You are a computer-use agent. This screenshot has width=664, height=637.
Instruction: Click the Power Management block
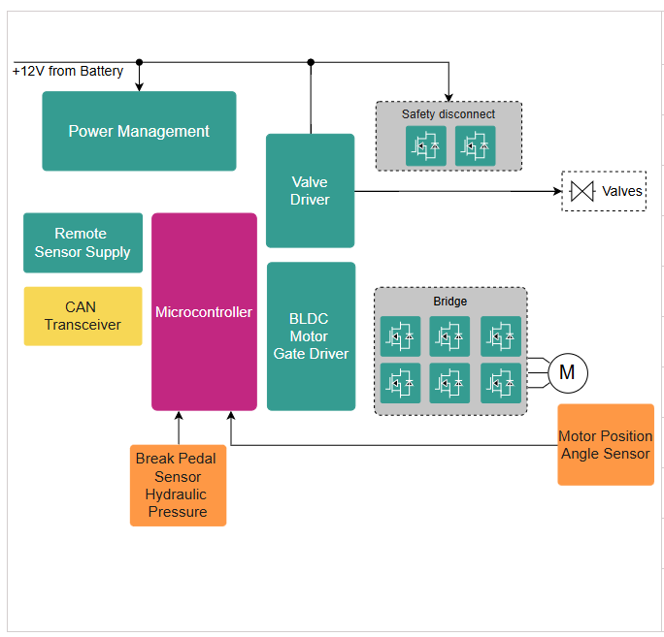pyautogui.click(x=139, y=131)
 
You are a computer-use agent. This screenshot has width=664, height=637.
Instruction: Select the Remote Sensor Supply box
pyautogui.click(x=83, y=242)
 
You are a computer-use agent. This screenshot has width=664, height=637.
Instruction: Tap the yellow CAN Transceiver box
pyautogui.click(x=83, y=316)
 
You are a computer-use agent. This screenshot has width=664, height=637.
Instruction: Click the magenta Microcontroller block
pyautogui.click(x=204, y=312)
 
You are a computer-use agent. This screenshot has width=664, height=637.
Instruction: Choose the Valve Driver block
pyautogui.click(x=310, y=191)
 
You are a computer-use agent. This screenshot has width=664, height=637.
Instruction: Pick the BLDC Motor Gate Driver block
pyautogui.click(x=311, y=336)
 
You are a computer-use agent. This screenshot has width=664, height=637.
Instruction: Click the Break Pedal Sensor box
pyautogui.click(x=178, y=485)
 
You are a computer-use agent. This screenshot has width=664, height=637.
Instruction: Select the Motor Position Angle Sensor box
pyautogui.click(x=605, y=445)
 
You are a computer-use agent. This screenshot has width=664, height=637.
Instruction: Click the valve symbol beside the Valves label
pyautogui.click(x=582, y=191)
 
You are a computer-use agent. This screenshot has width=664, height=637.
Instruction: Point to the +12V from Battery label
pyautogui.click(x=68, y=71)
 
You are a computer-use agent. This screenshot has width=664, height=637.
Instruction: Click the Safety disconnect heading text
pyautogui.click(x=448, y=114)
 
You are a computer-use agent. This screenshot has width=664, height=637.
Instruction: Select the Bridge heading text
pyautogui.click(x=450, y=302)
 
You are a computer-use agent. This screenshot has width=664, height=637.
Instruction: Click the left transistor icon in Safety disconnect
pyautogui.click(x=425, y=146)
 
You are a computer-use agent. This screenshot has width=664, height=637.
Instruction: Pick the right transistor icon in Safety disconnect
pyautogui.click(x=475, y=146)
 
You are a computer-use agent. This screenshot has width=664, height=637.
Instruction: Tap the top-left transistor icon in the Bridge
pyautogui.click(x=400, y=336)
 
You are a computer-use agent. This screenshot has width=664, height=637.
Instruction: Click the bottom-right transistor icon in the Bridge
pyautogui.click(x=500, y=383)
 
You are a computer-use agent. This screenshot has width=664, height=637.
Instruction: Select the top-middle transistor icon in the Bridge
pyautogui.click(x=450, y=336)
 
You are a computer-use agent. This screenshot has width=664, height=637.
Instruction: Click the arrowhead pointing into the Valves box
pyautogui.click(x=556, y=191)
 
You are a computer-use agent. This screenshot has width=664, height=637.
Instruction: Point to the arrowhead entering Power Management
pyautogui.click(x=140, y=86)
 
